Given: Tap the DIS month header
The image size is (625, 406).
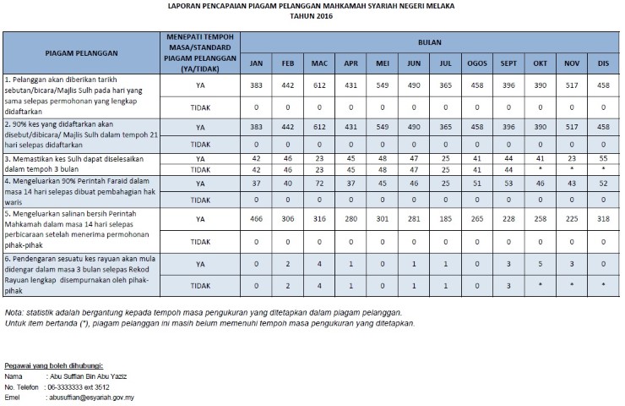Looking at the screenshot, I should point(603,63).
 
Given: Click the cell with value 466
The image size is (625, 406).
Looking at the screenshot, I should point(255,219).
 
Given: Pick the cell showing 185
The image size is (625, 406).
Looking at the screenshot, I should point(445,219).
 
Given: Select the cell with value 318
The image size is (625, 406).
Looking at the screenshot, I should point(603,219).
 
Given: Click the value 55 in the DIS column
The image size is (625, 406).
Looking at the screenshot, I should point(603,158).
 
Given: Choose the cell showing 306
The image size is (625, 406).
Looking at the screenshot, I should point(288,219).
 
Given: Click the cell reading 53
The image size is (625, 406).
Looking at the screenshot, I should point(508,184).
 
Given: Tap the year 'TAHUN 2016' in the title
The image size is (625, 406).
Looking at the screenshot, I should point(312,16).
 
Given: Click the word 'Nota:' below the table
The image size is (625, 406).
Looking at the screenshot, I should point(15,313).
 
